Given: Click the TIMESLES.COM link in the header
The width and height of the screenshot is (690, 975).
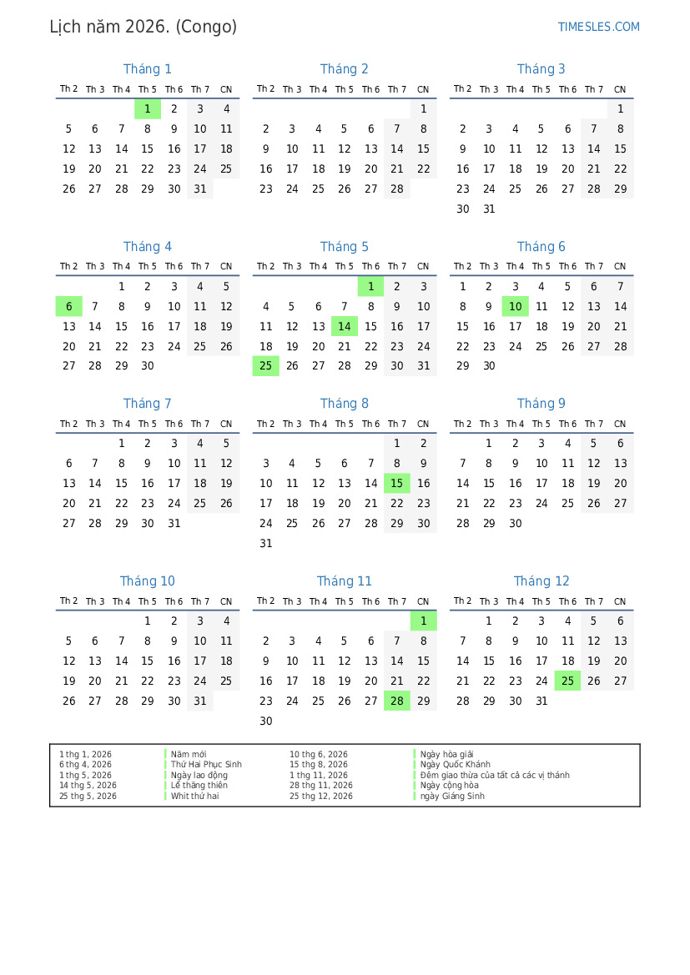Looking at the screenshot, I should point(598,27).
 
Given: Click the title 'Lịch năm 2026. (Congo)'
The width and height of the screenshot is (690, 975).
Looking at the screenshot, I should point(143,27).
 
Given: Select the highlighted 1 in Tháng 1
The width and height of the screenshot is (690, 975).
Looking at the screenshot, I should point(148,108).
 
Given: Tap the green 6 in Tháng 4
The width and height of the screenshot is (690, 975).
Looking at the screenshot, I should point(69,306).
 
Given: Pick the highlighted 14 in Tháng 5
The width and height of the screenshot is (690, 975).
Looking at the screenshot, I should point(345,326).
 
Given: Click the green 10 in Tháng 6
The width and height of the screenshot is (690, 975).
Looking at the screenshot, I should point(516,306).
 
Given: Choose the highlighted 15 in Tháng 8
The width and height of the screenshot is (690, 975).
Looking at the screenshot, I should point(397,484).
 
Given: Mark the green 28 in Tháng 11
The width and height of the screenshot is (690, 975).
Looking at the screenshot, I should point(397,701).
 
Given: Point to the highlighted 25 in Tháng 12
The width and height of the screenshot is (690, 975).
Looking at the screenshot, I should point(567,681).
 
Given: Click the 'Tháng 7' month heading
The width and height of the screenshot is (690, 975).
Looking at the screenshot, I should point(148,404).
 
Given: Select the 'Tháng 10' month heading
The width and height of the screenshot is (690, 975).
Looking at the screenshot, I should point(148,581).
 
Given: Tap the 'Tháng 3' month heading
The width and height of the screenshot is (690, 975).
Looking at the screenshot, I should point(541,69).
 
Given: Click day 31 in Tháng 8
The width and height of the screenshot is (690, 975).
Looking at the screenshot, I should point(266,544).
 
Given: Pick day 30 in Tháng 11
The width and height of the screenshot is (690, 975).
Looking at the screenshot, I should point(266,721).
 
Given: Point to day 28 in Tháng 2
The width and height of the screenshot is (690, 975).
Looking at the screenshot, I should point(397,188).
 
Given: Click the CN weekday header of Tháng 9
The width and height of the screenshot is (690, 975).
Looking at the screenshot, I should point(620,424).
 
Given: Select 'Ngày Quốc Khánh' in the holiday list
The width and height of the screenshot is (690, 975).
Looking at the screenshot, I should point(456,765).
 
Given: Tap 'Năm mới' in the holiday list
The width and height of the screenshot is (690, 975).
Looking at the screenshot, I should point(189,754).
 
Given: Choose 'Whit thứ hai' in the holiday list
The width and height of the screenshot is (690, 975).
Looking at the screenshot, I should point(195,797).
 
